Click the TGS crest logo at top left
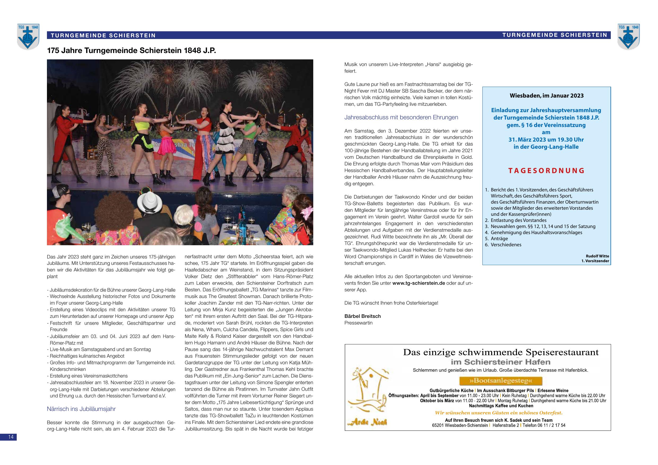point(28,36)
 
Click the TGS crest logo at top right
point(628,36)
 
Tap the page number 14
point(11,437)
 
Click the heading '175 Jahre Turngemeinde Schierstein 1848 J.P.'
point(131,51)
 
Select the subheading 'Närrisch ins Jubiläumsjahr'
point(81,409)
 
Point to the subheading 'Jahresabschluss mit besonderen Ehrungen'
point(402,117)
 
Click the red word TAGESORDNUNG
point(546,171)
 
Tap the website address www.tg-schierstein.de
point(419,283)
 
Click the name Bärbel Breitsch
point(362,316)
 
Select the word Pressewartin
point(358,323)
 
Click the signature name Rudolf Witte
point(597,256)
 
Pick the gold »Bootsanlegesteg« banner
point(500,381)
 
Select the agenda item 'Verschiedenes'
point(506,245)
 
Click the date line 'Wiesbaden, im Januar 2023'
point(546,96)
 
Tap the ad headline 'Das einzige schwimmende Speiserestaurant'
point(501,352)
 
